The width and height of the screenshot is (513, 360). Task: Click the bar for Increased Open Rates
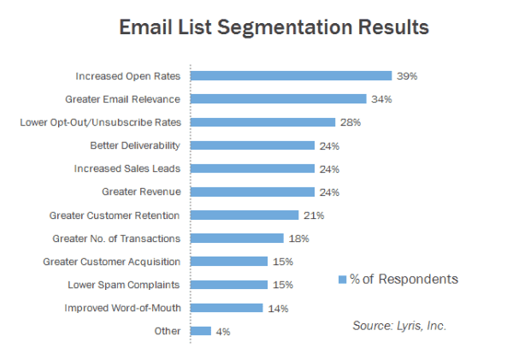tap(291, 75)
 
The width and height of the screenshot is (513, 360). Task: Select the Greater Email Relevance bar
tap(278, 98)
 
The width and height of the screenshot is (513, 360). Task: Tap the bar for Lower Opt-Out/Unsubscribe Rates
tap(262, 122)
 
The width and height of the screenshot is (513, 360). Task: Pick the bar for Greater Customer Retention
tap(244, 215)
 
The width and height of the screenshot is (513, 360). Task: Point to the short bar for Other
tap(201, 330)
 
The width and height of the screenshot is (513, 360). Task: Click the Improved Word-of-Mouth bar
tap(227, 307)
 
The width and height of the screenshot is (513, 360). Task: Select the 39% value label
tap(406, 76)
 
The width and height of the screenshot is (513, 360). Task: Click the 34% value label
tap(381, 99)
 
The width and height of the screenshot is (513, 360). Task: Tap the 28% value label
tap(351, 122)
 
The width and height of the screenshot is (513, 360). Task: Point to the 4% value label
tap(222, 331)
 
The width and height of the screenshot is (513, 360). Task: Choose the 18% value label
tap(298, 239)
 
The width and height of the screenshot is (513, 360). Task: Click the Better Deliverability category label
tap(135, 145)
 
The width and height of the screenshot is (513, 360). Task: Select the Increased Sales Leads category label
tap(127, 168)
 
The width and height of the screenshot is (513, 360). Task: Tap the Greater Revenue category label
tap(141, 192)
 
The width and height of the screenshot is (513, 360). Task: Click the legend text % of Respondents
tap(404, 279)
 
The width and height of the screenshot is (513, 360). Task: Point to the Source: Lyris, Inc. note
tap(400, 326)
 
